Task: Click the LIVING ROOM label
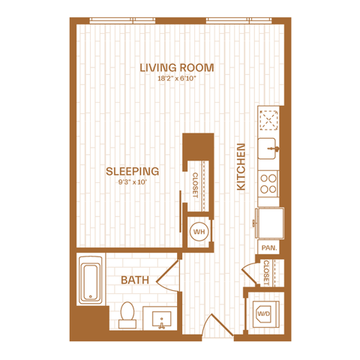(x=176, y=67)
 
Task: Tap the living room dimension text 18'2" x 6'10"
(x=176, y=79)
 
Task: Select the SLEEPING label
(x=132, y=171)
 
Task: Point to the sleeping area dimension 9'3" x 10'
(x=132, y=182)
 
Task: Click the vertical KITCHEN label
(x=241, y=166)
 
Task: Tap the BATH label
(x=135, y=280)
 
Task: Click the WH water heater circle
(x=199, y=232)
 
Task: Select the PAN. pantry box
(x=268, y=247)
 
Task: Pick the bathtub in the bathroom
(x=91, y=280)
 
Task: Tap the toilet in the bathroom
(x=127, y=315)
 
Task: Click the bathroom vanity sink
(x=161, y=319)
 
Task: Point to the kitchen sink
(x=267, y=148)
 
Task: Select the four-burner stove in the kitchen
(x=268, y=184)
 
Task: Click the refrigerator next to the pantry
(x=269, y=223)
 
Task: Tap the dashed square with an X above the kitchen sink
(x=269, y=120)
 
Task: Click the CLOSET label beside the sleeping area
(x=195, y=185)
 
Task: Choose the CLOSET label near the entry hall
(x=265, y=273)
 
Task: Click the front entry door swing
(x=217, y=325)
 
